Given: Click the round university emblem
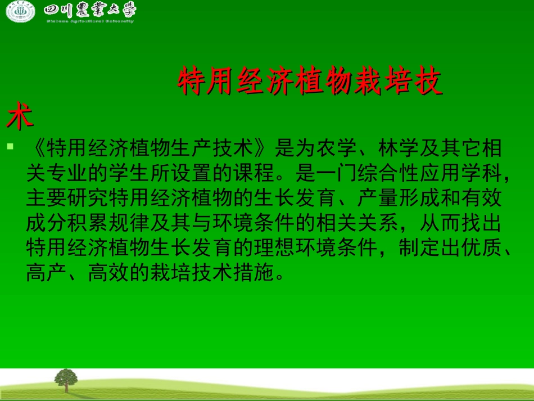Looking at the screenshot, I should [21, 12].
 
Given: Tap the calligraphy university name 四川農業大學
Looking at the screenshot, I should [89, 11].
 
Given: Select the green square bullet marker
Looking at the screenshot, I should [10, 147].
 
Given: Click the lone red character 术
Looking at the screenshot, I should [20, 117].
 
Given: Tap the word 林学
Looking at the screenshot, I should [400, 149].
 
